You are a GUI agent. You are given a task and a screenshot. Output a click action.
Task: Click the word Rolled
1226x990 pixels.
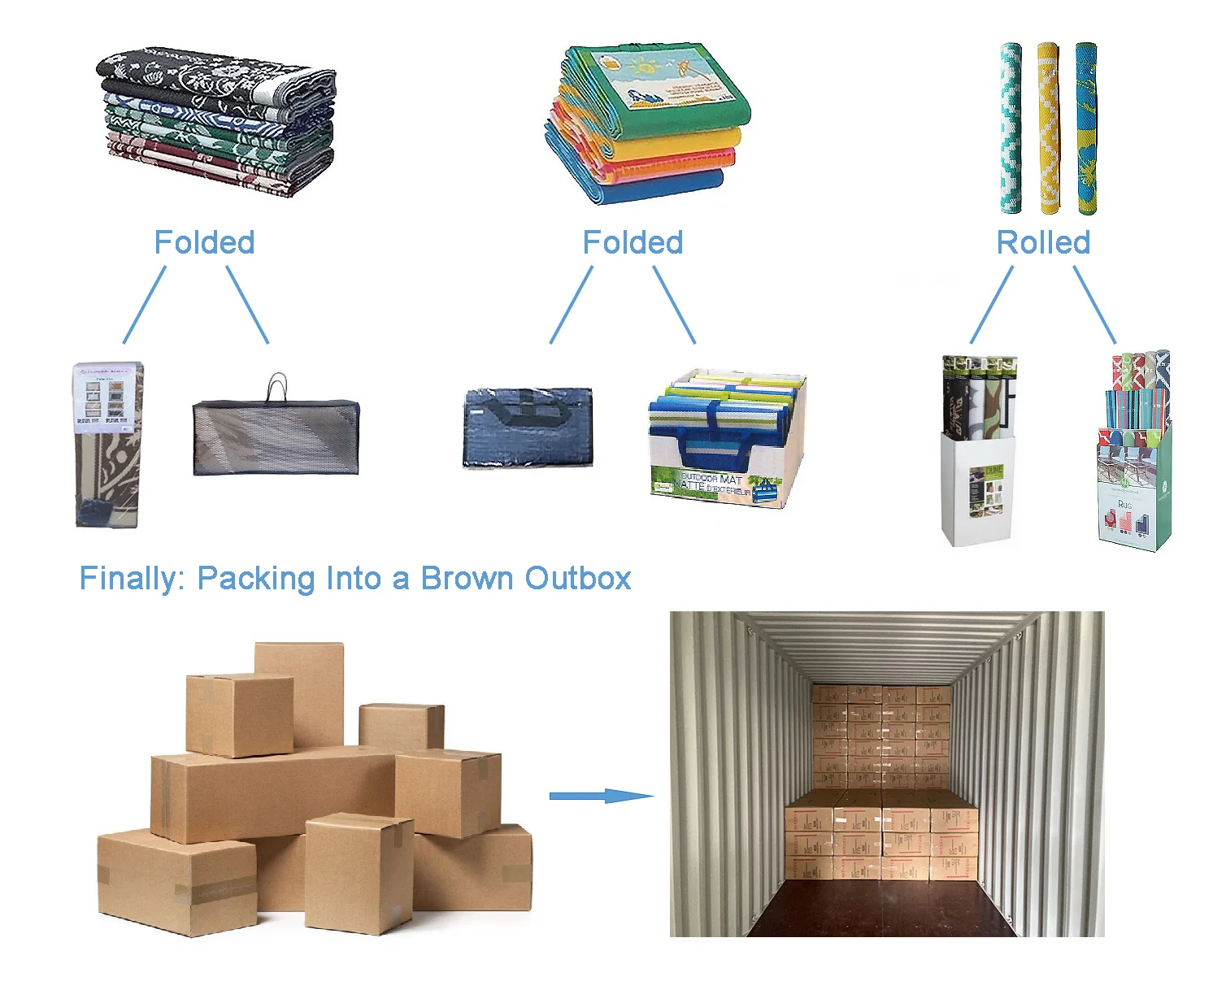tap(1043, 242)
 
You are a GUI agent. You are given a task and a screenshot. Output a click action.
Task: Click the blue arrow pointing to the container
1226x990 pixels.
tap(601, 796)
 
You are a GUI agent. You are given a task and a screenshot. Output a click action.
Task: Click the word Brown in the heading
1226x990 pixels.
tap(467, 579)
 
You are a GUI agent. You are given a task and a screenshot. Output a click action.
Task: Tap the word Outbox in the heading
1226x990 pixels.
tap(578, 579)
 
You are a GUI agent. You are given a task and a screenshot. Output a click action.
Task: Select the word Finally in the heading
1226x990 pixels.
tap(133, 579)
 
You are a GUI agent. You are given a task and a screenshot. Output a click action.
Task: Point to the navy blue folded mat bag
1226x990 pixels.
tap(528, 428)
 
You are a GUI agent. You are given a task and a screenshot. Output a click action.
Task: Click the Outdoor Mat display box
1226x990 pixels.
tap(725, 443)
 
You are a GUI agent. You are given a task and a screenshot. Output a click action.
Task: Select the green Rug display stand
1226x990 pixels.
tap(1134, 455)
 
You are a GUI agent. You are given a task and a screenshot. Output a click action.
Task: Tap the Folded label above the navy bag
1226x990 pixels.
tap(633, 242)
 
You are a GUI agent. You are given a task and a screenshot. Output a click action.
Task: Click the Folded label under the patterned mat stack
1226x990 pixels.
tap(204, 242)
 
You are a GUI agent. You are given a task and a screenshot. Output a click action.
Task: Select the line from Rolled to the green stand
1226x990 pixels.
tap(1094, 305)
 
